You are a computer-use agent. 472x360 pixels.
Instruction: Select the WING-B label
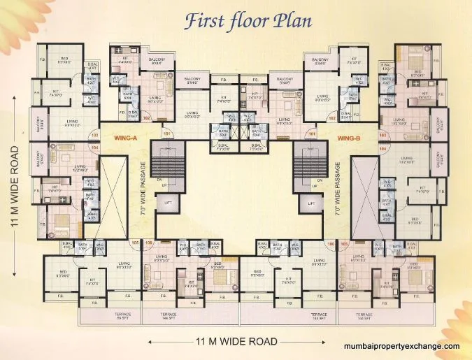[x=348, y=138]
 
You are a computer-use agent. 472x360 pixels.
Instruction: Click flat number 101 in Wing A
[x=166, y=132]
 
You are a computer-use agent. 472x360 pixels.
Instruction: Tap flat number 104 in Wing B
[x=382, y=149]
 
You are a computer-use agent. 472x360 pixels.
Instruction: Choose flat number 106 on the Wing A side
[x=150, y=244]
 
